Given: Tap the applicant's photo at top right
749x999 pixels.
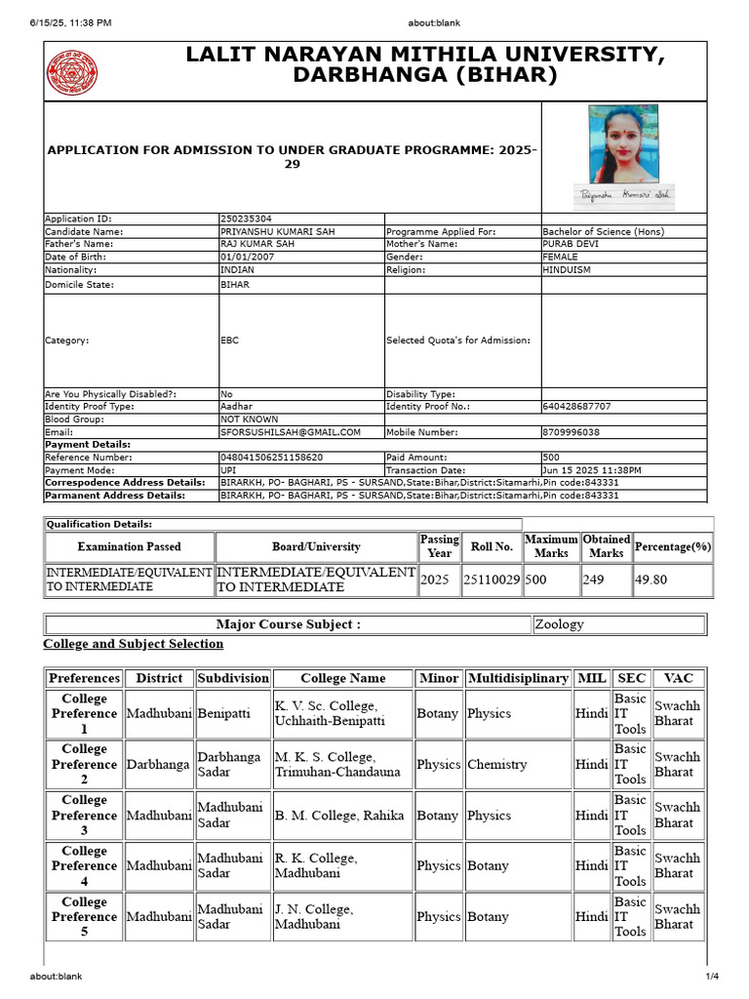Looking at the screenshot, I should [623, 144].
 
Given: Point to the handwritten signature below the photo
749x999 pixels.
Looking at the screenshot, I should [624, 195].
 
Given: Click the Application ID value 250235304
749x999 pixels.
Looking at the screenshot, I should [247, 220].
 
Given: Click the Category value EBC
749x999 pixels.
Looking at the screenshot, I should [230, 340].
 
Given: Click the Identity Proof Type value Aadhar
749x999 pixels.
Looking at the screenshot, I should [237, 406].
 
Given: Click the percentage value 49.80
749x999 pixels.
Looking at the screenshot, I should [654, 579].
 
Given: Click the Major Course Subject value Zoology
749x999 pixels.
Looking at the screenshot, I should [560, 624].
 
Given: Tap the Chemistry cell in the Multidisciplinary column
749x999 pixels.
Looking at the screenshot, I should [496, 764].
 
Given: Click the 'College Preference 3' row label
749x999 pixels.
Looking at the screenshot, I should [84, 815].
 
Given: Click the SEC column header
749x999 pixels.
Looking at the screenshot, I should [631, 678].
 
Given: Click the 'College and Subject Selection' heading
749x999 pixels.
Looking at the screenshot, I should [134, 644].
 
